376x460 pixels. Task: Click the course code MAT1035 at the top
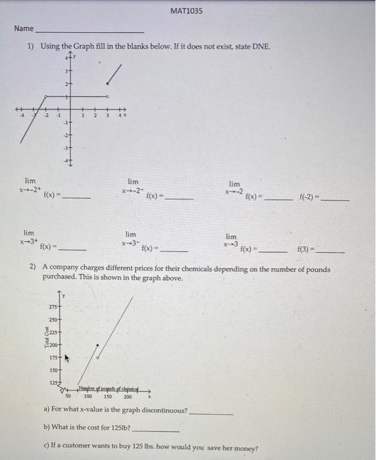click(x=187, y=11)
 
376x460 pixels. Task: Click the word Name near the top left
click(x=24, y=29)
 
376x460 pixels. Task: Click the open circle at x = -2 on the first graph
click(x=45, y=97)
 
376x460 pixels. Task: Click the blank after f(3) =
click(x=329, y=251)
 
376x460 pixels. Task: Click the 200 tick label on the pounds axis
click(x=128, y=397)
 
